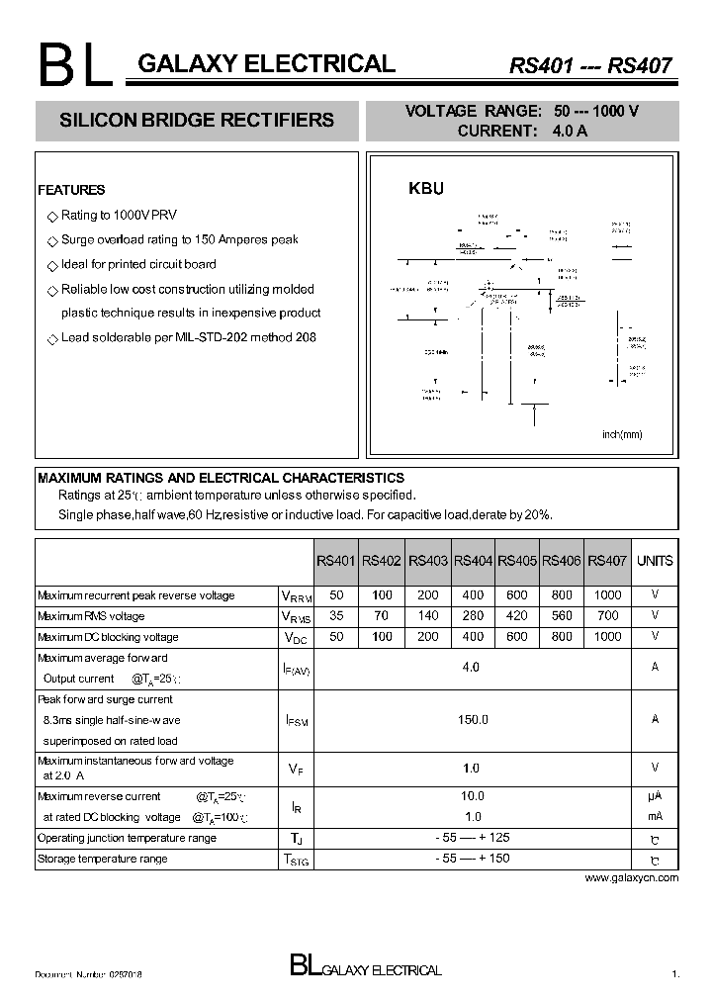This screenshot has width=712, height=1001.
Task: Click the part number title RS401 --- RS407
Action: pos(590,66)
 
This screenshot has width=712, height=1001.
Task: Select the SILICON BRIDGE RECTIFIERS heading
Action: pos(197,121)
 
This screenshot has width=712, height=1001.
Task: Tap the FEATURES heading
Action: pos(71,190)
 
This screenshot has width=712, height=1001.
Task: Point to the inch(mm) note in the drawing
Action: pos(623,434)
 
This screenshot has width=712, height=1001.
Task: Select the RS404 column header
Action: pos(473,561)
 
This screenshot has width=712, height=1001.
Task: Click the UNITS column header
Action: pos(655,561)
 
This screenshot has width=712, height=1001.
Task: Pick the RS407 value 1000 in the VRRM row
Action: pos(607,595)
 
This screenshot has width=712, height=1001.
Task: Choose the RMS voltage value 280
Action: pos(473,616)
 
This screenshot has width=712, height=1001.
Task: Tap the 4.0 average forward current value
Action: pos(471,668)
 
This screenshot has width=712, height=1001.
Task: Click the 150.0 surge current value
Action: pos(473,720)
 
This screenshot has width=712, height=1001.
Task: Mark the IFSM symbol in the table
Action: pos(296,721)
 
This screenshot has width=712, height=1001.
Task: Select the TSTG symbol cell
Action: pos(296,860)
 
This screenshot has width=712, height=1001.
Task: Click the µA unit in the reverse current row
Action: pos(655,796)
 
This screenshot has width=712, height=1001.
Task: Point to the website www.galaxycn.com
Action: pos(632,878)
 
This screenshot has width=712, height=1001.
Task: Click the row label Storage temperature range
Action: pos(102,859)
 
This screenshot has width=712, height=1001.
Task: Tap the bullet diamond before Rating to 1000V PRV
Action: pos(52,216)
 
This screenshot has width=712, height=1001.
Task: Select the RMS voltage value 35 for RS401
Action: pos(336,616)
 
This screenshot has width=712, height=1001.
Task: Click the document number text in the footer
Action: pos(88,975)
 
